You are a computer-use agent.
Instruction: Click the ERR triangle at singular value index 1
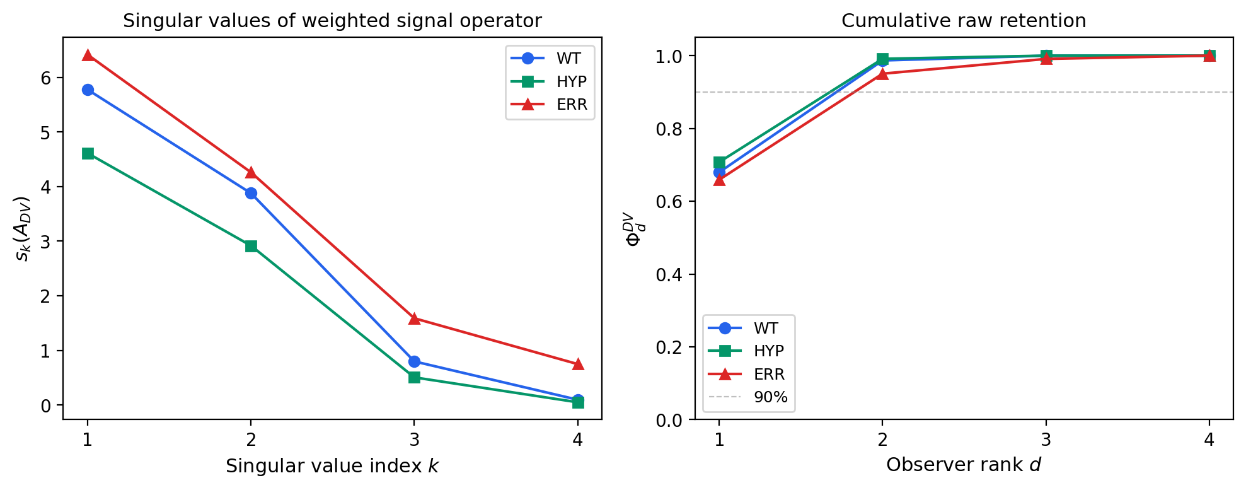(x=88, y=55)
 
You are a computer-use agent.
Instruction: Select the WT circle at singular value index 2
(x=251, y=193)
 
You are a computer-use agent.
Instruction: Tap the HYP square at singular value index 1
(x=88, y=153)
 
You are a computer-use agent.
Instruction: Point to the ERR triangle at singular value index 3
(x=414, y=318)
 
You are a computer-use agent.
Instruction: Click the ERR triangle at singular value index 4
(x=577, y=364)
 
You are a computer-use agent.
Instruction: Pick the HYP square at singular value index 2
(x=251, y=246)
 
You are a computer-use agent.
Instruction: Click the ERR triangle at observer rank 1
(x=719, y=180)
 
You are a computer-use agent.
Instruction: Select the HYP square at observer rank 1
(x=719, y=163)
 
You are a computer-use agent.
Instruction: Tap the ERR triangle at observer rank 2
(x=882, y=74)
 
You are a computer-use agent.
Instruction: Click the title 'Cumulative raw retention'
(x=963, y=21)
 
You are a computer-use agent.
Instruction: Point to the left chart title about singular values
(x=332, y=21)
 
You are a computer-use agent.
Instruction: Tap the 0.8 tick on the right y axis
(x=669, y=129)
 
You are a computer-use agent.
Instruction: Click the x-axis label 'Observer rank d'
(x=963, y=465)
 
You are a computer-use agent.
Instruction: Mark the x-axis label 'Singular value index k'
(x=332, y=466)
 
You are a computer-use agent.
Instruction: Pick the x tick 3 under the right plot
(x=1046, y=439)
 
